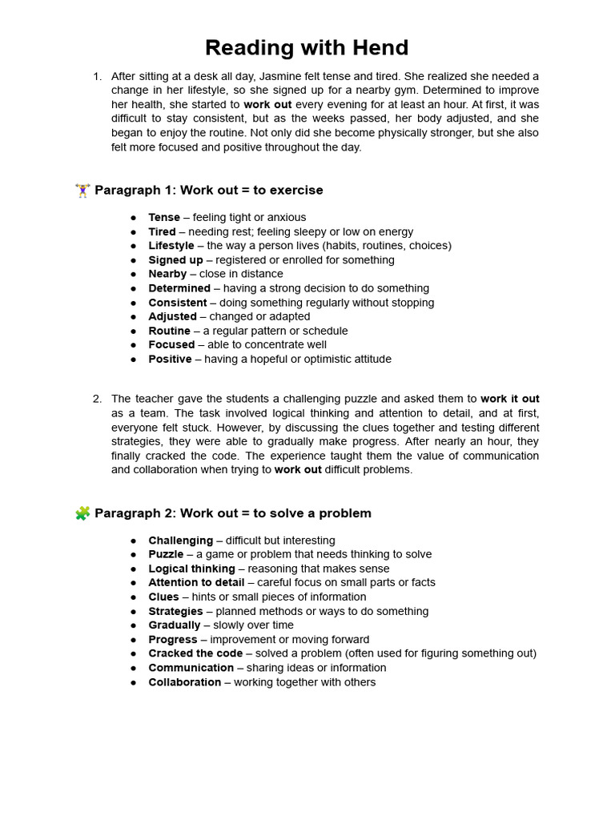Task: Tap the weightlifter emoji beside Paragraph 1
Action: (82, 191)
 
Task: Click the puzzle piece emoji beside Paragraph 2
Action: (82, 513)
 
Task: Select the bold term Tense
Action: (164, 218)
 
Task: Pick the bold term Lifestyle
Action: (171, 246)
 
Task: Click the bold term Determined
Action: (179, 288)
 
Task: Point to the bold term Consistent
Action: (178, 303)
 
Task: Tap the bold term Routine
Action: (169, 331)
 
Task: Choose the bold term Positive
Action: (170, 360)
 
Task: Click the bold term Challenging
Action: (181, 541)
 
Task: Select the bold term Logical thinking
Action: (191, 569)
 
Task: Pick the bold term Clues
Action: (163, 597)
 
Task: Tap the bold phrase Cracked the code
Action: (195, 653)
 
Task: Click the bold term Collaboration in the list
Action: (185, 682)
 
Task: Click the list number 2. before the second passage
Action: (97, 399)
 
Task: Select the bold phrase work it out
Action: (509, 399)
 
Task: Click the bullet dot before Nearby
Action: (134, 275)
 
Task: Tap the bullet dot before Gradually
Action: (134, 625)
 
